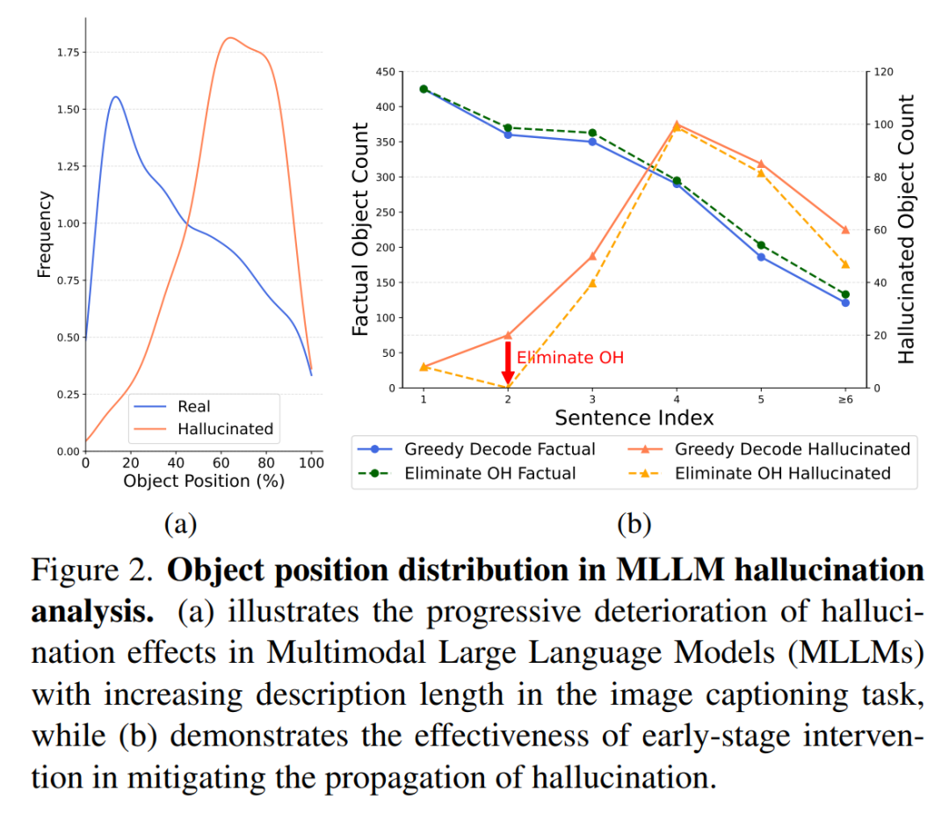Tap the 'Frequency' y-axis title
(44, 235)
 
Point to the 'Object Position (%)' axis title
(204, 482)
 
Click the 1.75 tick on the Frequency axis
(68, 53)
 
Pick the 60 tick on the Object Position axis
(221, 463)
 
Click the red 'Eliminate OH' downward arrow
(508, 362)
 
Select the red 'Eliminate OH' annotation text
(570, 358)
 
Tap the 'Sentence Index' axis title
(634, 418)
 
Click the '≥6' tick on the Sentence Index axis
(845, 400)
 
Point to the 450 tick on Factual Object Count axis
(386, 72)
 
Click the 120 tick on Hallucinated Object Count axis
(884, 72)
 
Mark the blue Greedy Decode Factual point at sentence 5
(761, 258)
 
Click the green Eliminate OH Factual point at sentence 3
(592, 134)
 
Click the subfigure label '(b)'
(634, 524)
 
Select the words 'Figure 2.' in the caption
(91, 571)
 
